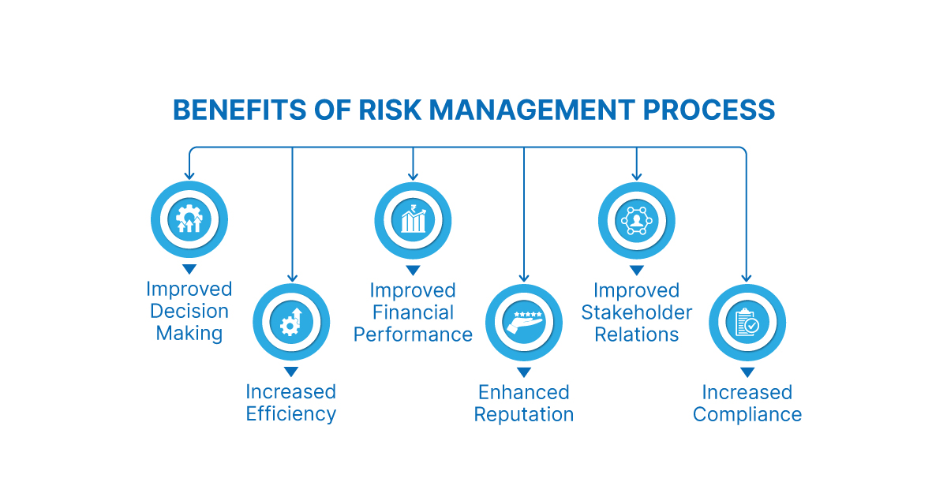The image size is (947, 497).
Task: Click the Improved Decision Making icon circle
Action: coord(189,220)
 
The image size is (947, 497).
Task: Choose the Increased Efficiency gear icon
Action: coord(291,322)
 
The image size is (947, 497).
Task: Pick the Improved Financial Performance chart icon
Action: coord(413,220)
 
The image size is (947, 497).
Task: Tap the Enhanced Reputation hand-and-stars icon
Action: coord(524,322)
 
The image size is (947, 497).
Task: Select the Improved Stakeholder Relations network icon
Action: coord(637,220)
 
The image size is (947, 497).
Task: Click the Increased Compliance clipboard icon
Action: coord(747,322)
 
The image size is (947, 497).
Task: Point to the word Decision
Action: coord(189,312)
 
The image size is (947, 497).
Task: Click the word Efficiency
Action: coord(291,414)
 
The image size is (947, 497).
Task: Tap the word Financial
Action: coord(413,312)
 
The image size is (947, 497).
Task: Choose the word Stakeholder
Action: coord(637,312)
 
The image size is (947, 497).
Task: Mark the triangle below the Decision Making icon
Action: coord(189,270)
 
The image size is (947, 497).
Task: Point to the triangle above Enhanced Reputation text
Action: coord(524,372)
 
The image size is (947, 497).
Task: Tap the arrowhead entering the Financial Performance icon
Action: coord(413,175)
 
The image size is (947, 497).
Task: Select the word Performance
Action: coord(413,334)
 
